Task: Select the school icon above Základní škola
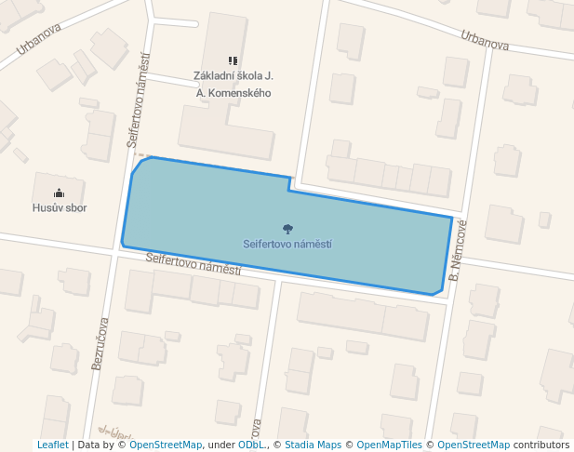(x=233, y=61)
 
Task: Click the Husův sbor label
(x=60, y=208)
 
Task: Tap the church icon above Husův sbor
(x=60, y=193)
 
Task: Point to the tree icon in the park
(x=287, y=229)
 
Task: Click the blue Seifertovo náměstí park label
(x=287, y=245)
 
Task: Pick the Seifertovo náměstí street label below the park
(x=194, y=263)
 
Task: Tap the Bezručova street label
(x=100, y=345)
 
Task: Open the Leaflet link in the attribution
(x=52, y=445)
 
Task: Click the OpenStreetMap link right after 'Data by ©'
(x=166, y=445)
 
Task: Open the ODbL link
(x=251, y=445)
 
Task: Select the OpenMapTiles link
(x=390, y=445)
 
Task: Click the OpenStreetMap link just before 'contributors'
(x=474, y=445)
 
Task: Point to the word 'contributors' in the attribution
(x=541, y=445)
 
